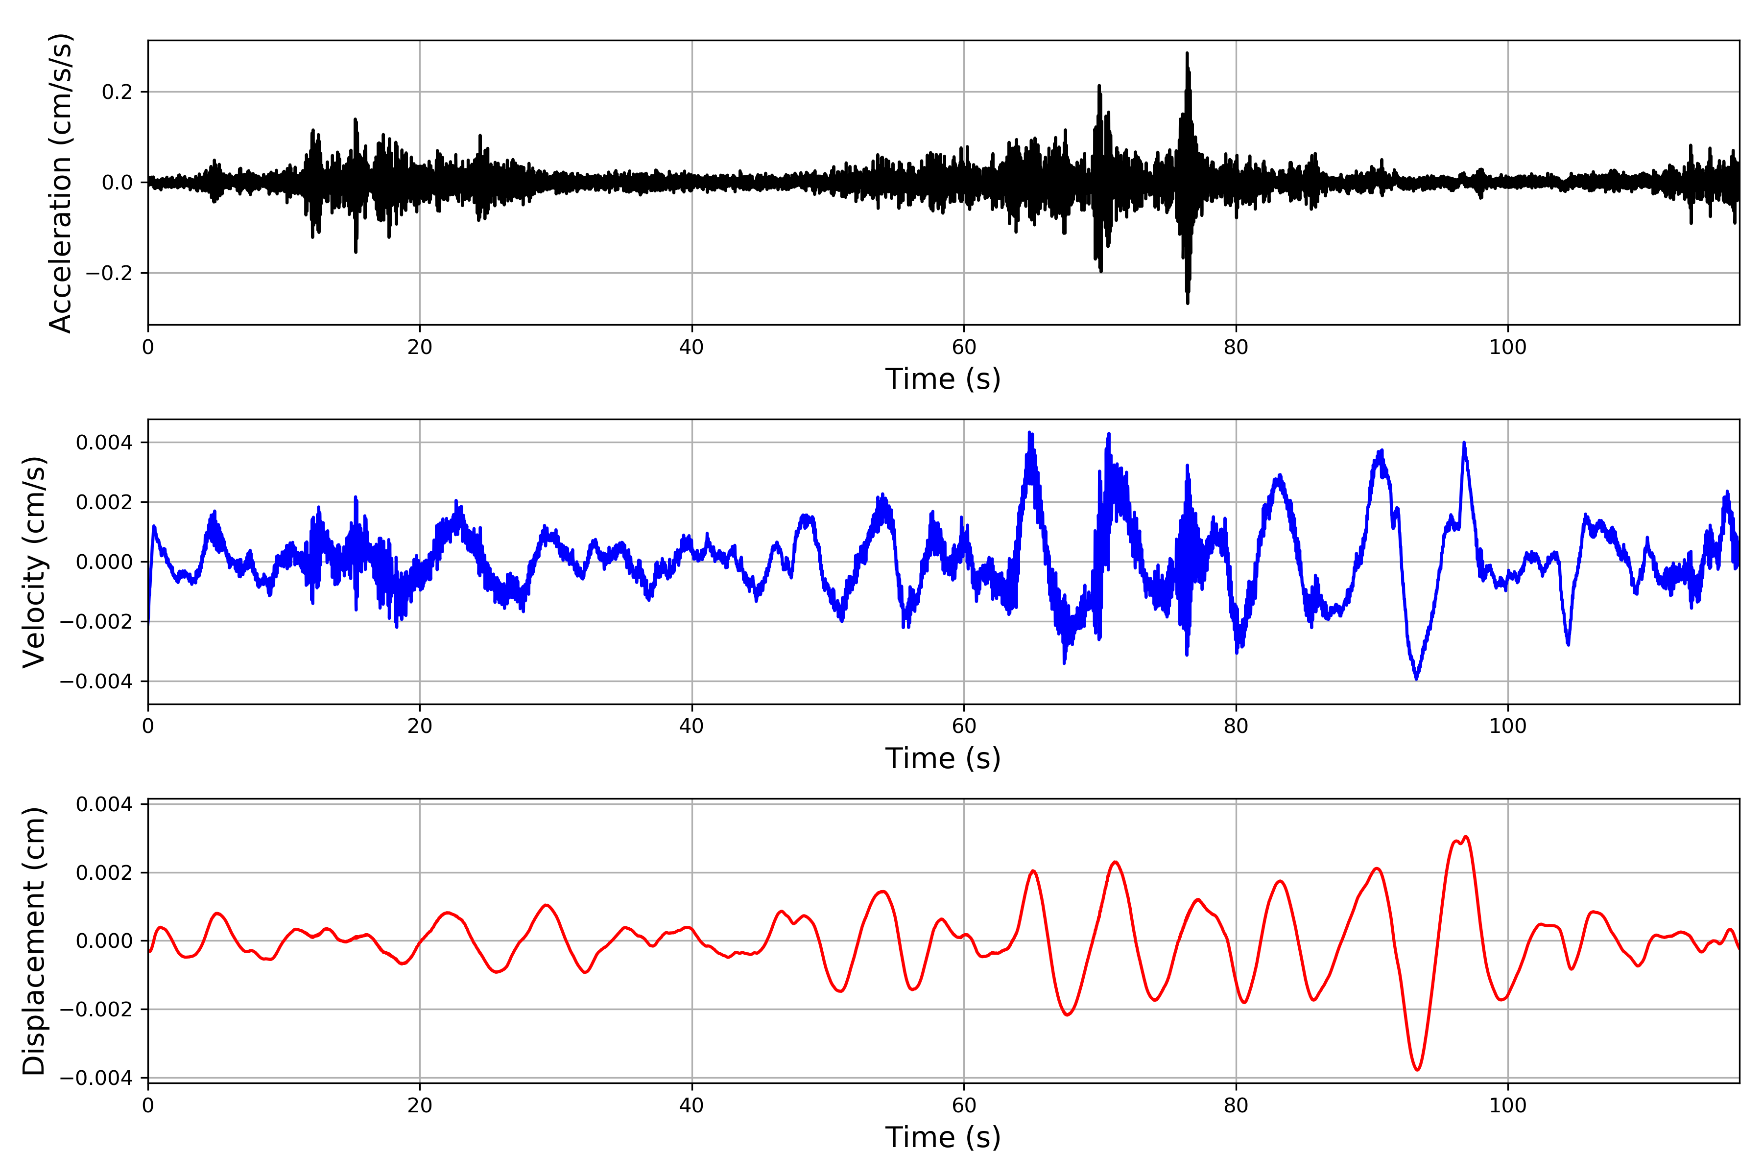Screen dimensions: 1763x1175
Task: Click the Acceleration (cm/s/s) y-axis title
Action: coord(60,183)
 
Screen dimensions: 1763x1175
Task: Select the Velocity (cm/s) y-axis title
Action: coord(34,562)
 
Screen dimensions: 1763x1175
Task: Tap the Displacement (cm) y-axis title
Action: coord(34,941)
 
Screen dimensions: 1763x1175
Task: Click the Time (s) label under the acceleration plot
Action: coord(943,379)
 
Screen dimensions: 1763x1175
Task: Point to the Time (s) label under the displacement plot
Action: coord(943,1137)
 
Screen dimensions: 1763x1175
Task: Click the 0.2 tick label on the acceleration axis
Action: coord(117,92)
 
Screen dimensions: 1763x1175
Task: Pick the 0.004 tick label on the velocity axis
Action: coord(104,443)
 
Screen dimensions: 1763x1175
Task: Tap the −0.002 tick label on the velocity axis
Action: coord(96,622)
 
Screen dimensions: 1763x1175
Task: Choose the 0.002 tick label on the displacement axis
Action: coord(104,873)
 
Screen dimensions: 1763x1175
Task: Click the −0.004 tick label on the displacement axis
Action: coord(96,1079)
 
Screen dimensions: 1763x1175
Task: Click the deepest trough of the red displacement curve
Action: coord(1417,1069)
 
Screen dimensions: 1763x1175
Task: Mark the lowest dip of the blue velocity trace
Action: coord(1416,679)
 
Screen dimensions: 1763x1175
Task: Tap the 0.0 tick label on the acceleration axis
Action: coord(117,183)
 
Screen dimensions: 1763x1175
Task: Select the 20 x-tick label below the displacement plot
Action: coord(420,1105)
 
